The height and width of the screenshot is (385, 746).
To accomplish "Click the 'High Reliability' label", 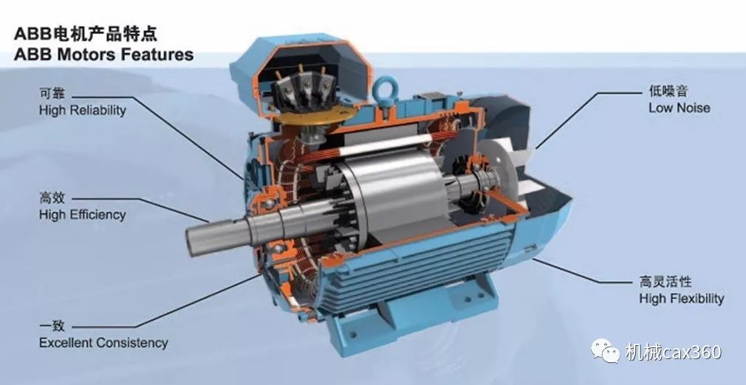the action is (82, 111).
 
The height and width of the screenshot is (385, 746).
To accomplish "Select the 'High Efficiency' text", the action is (82, 215).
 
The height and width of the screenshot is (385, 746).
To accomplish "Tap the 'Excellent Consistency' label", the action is (103, 343).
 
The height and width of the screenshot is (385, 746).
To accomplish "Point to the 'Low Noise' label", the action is (679, 108).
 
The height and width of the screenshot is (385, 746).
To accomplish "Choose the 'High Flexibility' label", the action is (681, 299).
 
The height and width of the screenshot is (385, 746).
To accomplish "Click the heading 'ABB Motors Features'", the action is (103, 54).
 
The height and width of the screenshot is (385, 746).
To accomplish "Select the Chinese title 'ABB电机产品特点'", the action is (86, 34).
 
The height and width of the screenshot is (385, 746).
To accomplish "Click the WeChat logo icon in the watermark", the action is (605, 351).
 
